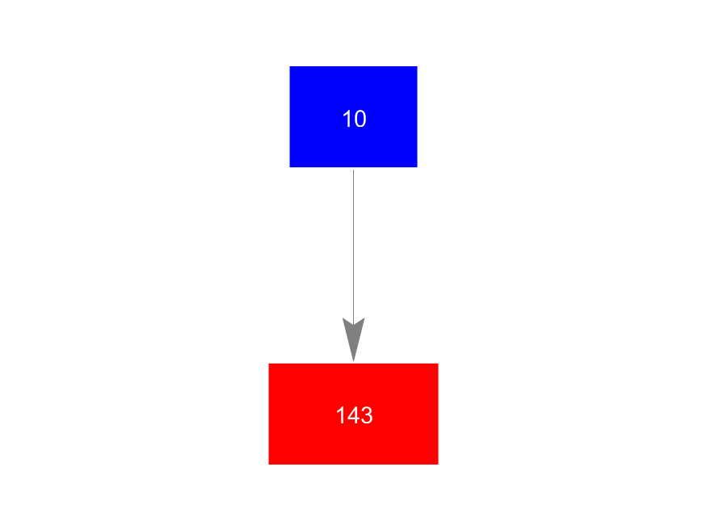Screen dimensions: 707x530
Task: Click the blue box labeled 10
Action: coord(353,116)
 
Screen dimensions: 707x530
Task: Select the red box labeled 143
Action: coord(353,414)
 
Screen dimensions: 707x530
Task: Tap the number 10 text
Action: coord(354,119)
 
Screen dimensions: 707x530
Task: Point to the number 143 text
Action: coord(354,415)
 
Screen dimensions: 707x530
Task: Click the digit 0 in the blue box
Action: coord(360,119)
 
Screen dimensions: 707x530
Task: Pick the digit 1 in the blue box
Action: coord(347,119)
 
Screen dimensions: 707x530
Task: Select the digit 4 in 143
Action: coord(354,415)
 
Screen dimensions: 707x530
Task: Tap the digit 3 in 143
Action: coord(367,415)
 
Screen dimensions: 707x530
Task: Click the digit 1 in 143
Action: coord(340,415)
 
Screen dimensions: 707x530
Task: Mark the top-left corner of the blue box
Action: coord(289,66)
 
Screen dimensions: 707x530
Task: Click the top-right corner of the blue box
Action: coord(417,66)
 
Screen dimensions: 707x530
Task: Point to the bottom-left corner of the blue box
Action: coord(289,167)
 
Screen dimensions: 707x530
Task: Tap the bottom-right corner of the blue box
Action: coord(417,167)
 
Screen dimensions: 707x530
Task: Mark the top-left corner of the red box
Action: coord(269,364)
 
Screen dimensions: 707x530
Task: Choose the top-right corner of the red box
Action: coord(438,364)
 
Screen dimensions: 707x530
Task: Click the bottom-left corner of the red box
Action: coord(269,465)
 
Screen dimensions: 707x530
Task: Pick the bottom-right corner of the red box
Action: coord(438,465)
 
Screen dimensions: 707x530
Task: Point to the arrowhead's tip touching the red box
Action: coord(354,361)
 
